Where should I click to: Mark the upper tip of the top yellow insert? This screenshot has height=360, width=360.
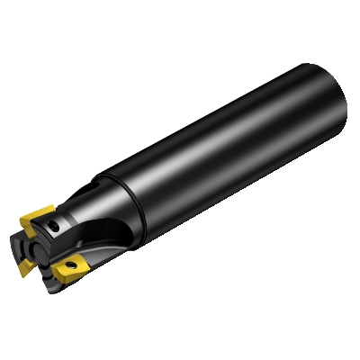click(45, 205)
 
